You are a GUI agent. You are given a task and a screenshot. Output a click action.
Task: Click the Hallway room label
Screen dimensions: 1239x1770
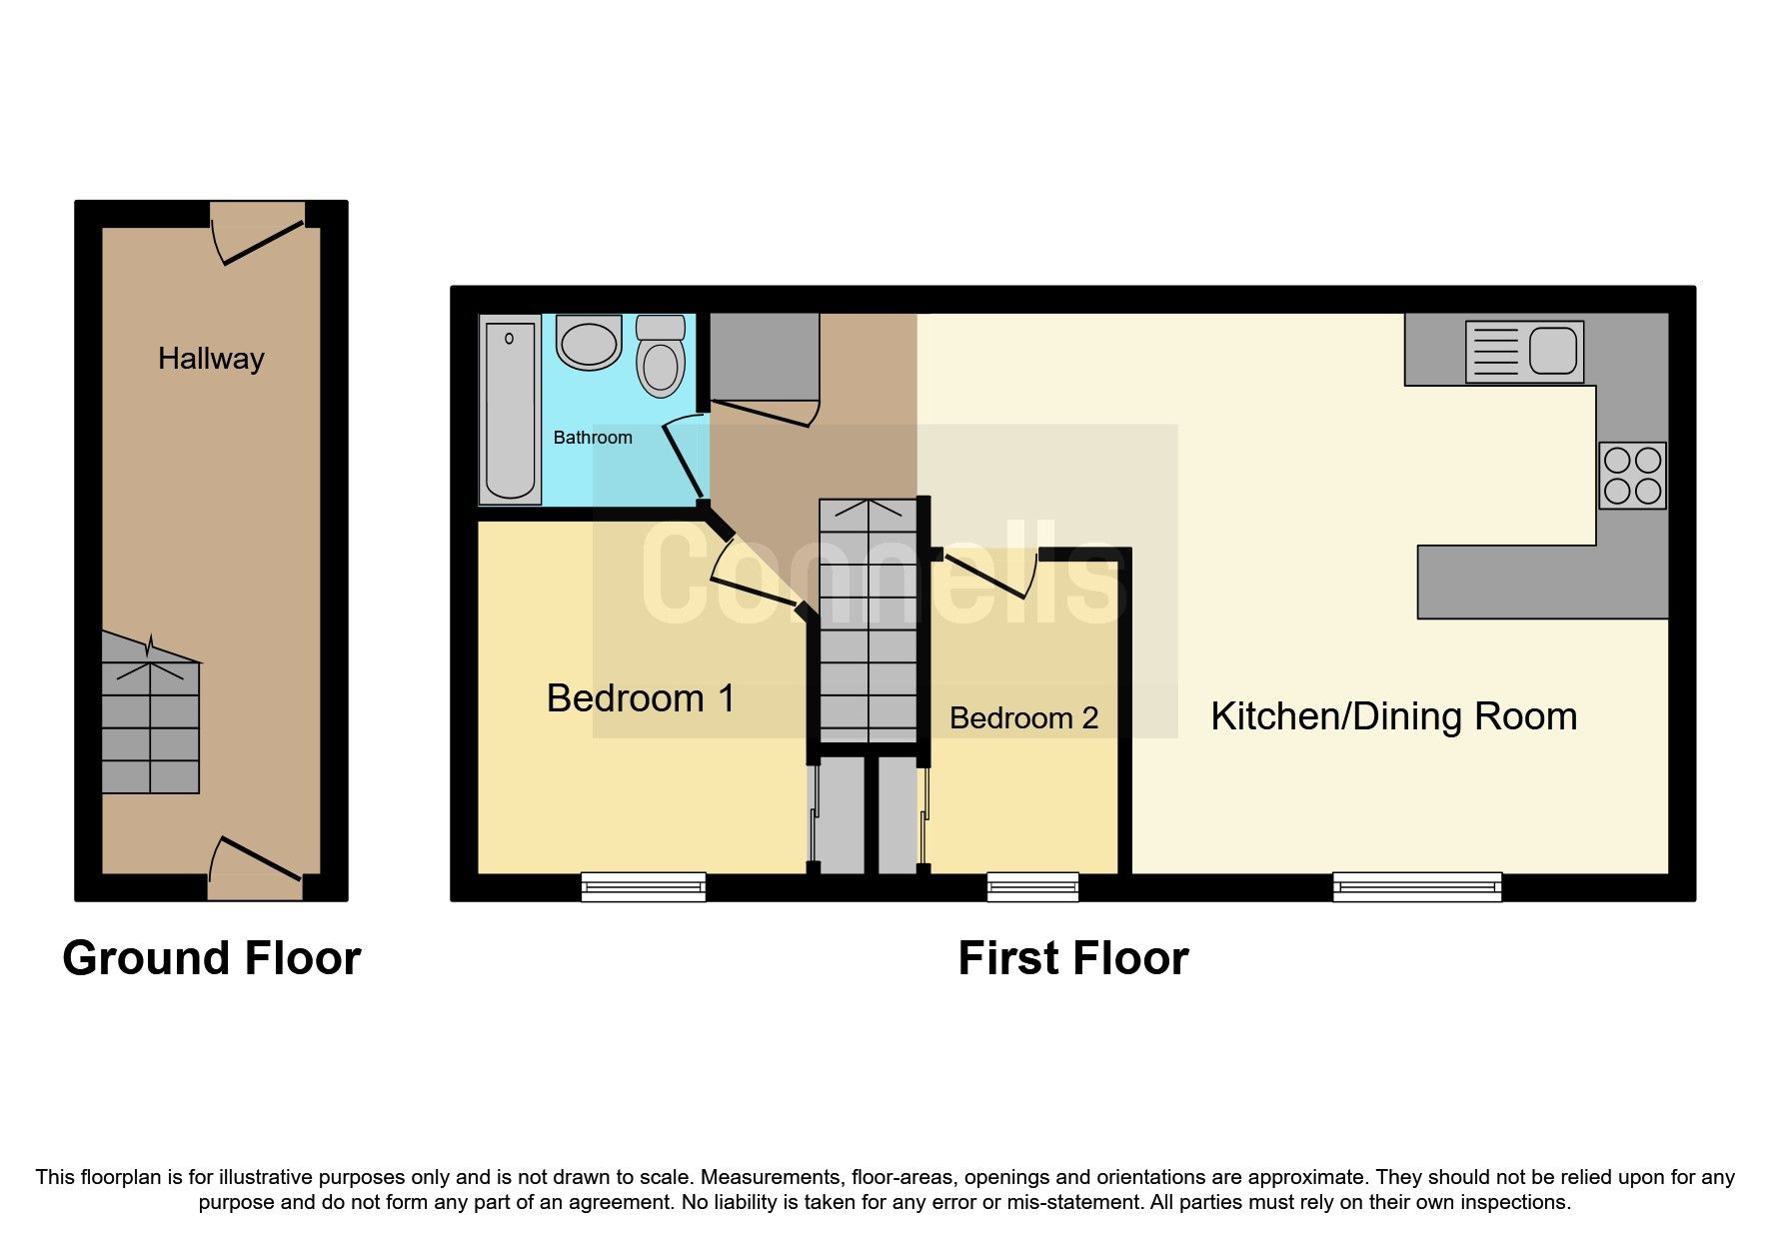211,359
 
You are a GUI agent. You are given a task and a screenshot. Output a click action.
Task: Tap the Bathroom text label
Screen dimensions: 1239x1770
593,438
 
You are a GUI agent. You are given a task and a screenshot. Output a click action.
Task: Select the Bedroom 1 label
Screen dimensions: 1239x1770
641,698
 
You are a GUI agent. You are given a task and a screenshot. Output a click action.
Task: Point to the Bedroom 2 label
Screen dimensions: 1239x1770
1023,718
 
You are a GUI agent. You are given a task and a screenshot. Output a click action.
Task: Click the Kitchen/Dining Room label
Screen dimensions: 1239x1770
1393,716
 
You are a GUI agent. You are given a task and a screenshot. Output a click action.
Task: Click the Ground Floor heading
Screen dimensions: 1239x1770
211,958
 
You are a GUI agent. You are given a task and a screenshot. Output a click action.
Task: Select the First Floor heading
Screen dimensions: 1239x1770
1072,958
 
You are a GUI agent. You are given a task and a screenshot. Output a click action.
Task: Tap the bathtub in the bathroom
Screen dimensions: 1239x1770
510,410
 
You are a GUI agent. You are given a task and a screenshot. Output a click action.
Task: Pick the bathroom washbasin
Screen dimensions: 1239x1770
590,343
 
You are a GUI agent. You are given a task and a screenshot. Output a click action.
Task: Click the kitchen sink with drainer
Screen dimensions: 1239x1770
1524,352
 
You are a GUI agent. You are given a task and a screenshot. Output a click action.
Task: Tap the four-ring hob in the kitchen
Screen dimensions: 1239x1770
1631,476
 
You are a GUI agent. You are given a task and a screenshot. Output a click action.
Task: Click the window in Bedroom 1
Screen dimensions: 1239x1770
644,886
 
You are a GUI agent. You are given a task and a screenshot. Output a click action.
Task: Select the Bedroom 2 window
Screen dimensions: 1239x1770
1032,886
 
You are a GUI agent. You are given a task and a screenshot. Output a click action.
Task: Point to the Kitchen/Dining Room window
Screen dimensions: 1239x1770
1416,886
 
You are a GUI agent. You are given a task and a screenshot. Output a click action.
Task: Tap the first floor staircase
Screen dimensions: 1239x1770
868,619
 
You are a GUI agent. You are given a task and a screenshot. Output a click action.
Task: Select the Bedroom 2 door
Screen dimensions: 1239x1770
989,575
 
